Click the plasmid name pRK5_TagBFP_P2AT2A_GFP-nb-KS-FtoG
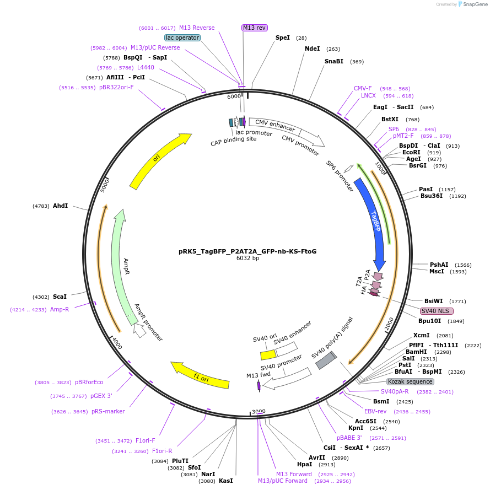[247, 251]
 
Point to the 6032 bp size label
[247, 258]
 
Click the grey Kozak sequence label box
[410, 381]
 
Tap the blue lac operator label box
[182, 37]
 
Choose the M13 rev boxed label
[254, 28]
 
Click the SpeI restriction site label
[282, 37]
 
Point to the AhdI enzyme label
[60, 206]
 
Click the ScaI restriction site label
[60, 297]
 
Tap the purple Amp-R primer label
[60, 309]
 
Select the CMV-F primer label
[363, 88]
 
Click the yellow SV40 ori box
[268, 355]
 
